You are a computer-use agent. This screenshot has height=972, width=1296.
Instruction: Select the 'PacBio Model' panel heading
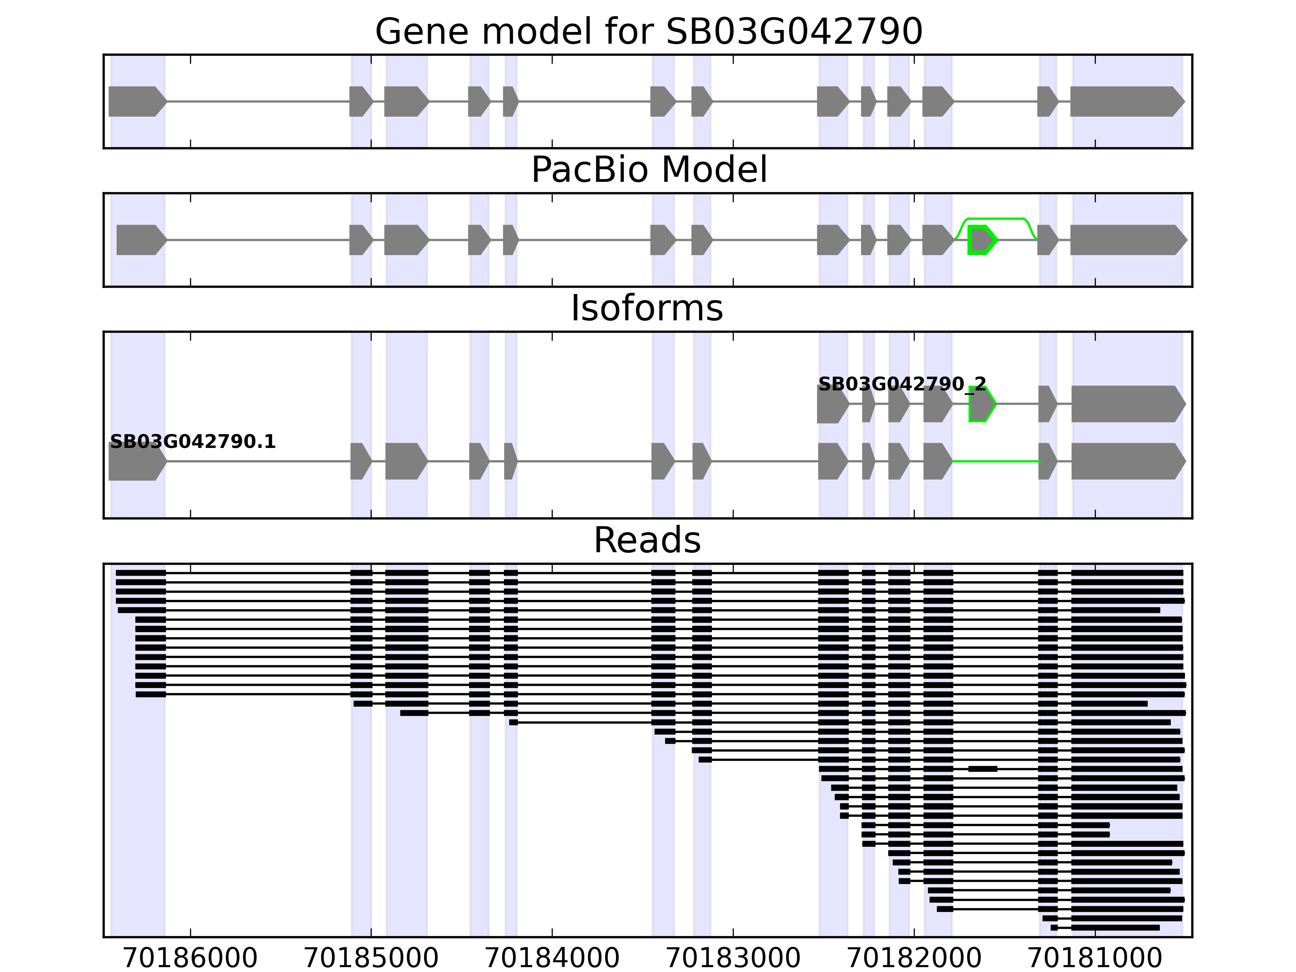click(x=648, y=170)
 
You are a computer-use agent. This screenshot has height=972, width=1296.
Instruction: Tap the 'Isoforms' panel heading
click(x=647, y=308)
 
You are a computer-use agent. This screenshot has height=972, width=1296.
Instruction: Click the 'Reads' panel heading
click(x=647, y=540)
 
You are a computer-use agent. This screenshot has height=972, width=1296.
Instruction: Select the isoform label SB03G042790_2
click(x=902, y=384)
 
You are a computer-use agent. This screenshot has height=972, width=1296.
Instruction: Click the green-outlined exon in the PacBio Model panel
click(x=981, y=240)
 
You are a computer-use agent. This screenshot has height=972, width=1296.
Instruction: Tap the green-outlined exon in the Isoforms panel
click(x=981, y=404)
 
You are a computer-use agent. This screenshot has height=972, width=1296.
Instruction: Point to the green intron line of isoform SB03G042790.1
click(x=996, y=462)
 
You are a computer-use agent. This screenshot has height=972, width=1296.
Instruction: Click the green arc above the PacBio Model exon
click(x=996, y=219)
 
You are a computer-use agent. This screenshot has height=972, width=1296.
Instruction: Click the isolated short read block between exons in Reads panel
click(x=983, y=769)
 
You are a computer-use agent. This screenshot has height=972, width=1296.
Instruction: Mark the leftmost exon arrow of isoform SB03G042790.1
click(x=136, y=462)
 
